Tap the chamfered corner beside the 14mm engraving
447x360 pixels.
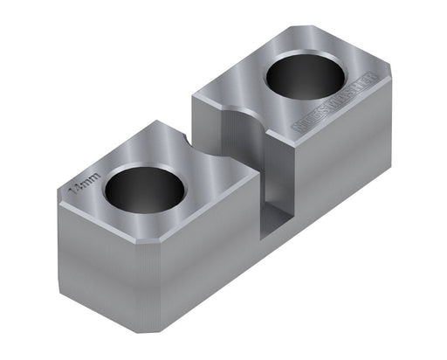[x=65, y=200]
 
